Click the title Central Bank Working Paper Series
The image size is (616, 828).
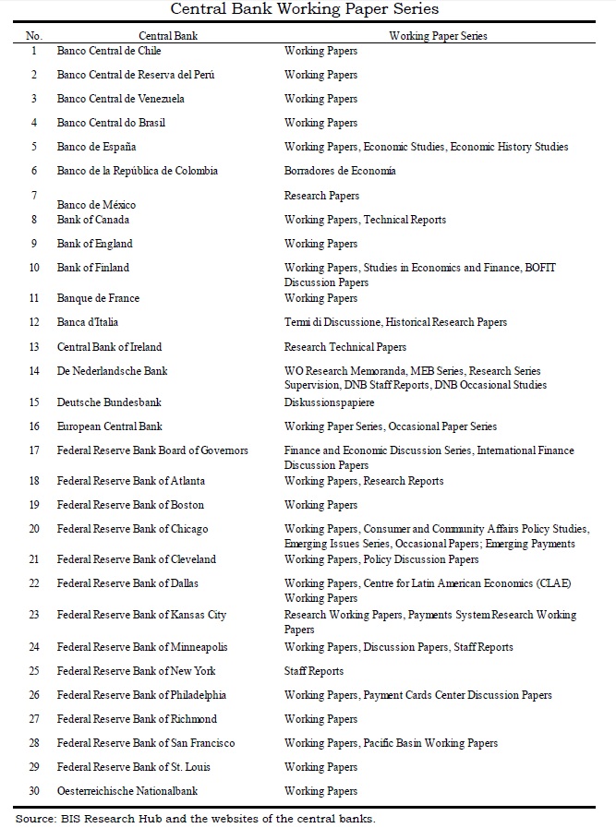pyautogui.click(x=308, y=10)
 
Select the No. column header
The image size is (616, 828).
pyautogui.click(x=34, y=35)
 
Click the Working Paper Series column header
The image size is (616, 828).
pyautogui.click(x=438, y=35)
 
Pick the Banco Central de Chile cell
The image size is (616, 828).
pyautogui.click(x=109, y=51)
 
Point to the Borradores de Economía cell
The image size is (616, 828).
pyautogui.click(x=340, y=171)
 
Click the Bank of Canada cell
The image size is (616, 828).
pyautogui.click(x=93, y=220)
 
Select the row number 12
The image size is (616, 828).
pyautogui.click(x=34, y=322)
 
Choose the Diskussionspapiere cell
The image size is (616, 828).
pyautogui.click(x=329, y=403)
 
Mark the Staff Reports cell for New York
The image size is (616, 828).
pyautogui.click(x=314, y=671)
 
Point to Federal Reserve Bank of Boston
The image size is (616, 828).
pyautogui.click(x=130, y=505)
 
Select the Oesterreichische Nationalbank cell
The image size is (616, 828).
pyautogui.click(x=127, y=791)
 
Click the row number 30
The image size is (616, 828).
pyautogui.click(x=34, y=791)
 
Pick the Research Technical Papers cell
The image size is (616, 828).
pyautogui.click(x=345, y=347)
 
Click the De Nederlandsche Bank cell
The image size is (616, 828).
pyautogui.click(x=112, y=371)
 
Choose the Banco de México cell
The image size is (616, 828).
pyautogui.click(x=96, y=205)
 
